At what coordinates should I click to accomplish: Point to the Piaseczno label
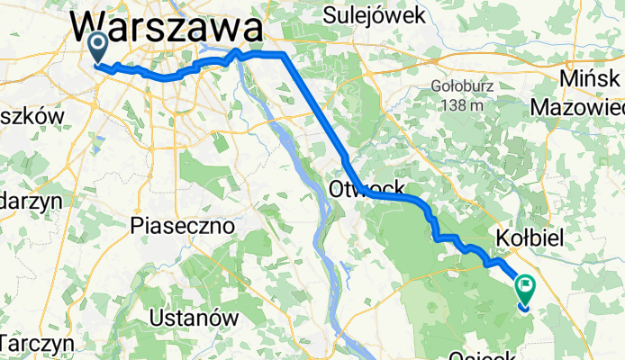183,223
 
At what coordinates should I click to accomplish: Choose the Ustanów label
194,319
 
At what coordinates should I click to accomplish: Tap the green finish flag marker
525,287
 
